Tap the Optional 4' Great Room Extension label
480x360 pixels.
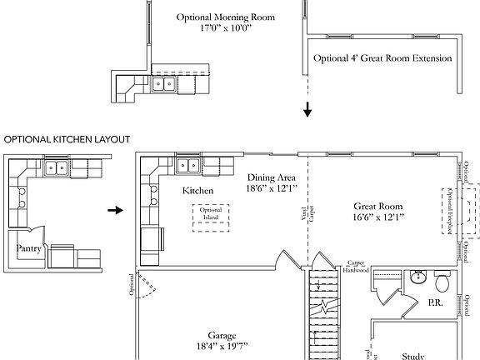(382, 58)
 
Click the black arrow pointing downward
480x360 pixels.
(307, 110)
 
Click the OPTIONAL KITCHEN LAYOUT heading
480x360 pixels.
(67, 139)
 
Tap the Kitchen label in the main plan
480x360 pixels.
(197, 191)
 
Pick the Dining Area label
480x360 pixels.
(272, 177)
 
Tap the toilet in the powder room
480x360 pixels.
(442, 281)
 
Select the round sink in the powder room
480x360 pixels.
(416, 278)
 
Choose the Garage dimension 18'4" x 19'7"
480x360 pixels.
(214, 343)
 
